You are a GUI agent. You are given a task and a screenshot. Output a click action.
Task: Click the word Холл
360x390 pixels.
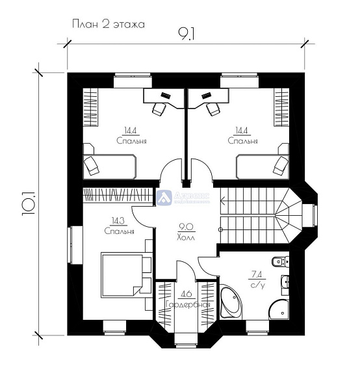point(185,238)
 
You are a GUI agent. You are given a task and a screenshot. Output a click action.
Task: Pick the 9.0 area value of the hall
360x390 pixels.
point(185,227)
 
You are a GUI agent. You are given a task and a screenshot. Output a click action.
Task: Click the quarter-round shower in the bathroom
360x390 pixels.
point(282,308)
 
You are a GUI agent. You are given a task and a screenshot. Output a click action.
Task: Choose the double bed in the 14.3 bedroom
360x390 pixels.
point(124,274)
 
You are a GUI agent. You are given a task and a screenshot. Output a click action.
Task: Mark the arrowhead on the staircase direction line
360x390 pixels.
point(222,229)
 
